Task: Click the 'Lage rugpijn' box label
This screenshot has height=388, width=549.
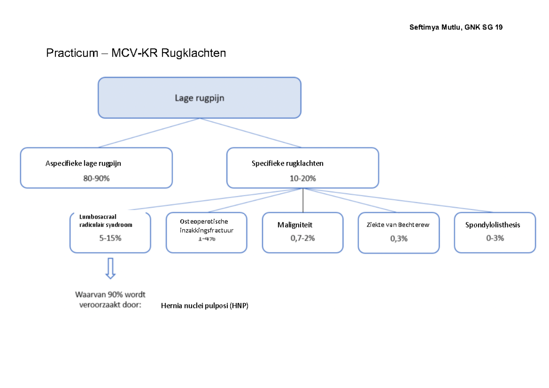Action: click(x=199, y=97)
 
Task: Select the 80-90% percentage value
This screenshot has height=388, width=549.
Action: click(x=97, y=179)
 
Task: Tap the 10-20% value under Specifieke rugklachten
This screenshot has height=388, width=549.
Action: click(x=302, y=179)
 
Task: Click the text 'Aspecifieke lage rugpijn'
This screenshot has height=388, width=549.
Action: click(x=83, y=163)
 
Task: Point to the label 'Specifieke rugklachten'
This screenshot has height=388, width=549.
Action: click(x=287, y=163)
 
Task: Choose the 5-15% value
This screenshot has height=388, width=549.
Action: click(x=110, y=238)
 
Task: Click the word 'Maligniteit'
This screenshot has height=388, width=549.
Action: click(x=295, y=225)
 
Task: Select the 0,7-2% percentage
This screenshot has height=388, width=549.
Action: click(x=302, y=238)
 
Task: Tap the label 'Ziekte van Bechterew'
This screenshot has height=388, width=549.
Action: click(x=398, y=225)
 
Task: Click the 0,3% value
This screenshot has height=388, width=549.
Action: click(x=398, y=238)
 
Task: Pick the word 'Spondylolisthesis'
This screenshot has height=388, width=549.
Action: click(x=493, y=225)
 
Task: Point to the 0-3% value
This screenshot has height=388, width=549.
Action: click(x=494, y=238)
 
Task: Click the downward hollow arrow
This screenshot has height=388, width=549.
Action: click(x=110, y=268)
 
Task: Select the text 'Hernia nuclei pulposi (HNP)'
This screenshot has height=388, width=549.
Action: click(x=205, y=307)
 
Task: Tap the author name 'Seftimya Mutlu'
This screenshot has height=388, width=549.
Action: click(x=435, y=27)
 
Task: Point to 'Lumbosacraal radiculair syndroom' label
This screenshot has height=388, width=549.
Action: click(x=106, y=221)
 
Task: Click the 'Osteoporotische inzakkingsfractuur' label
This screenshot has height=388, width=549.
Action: click(x=206, y=226)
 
